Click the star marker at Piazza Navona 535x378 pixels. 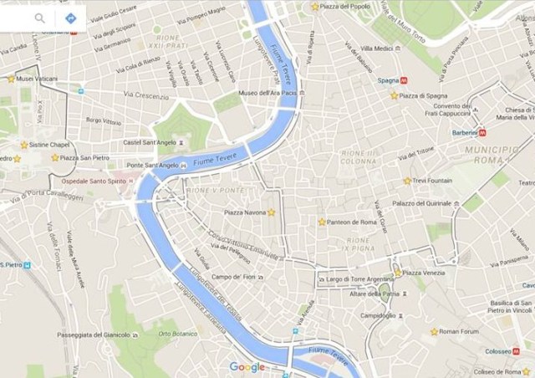tap(271, 212)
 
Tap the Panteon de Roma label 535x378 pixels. tap(351, 222)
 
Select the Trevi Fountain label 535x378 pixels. tap(433, 181)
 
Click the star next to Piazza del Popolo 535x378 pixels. tap(314, 7)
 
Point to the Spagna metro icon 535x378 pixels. tap(405, 81)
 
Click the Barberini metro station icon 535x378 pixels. tap(481, 132)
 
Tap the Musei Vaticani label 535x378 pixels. tap(37, 79)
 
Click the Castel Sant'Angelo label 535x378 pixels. tap(150, 142)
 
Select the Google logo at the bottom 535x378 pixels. tap(247, 367)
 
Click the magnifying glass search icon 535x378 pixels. tap(39, 18)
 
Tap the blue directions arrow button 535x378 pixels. tap(70, 18)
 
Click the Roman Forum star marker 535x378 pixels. tap(433, 332)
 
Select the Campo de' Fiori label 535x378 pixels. tap(233, 277)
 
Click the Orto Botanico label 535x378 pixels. tap(176, 334)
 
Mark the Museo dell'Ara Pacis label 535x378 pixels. tap(267, 93)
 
